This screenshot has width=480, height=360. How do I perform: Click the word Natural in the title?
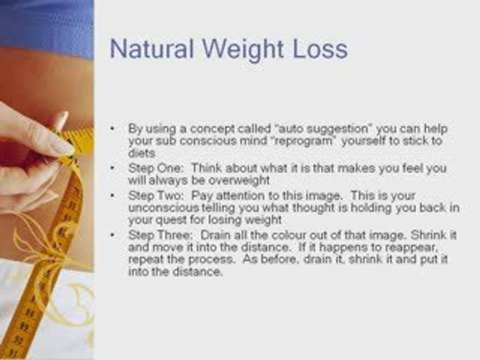click(x=152, y=48)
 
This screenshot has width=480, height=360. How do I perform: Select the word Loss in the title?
click(x=320, y=49)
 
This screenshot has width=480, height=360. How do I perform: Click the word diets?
click(x=141, y=153)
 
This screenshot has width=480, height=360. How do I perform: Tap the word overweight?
click(x=239, y=180)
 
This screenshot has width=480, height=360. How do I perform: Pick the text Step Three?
click(x=160, y=235)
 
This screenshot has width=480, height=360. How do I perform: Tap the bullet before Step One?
click(x=112, y=168)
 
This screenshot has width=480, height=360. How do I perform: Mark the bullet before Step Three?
click(x=112, y=235)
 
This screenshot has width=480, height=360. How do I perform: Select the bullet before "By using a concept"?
click(x=112, y=128)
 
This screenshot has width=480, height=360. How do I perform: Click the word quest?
click(x=171, y=220)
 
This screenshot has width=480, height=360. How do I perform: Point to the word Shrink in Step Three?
click(x=428, y=235)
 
